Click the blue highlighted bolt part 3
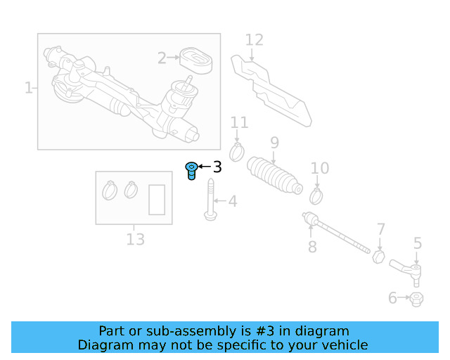[191, 170]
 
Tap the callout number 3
[217, 167]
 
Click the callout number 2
[162, 58]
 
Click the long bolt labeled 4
[210, 200]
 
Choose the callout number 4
[232, 202]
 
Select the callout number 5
[418, 244]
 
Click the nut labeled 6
[416, 299]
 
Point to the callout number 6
[392, 298]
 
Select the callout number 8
[312, 247]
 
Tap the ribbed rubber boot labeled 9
[275, 176]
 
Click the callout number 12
[254, 41]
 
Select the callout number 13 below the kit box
[135, 240]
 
